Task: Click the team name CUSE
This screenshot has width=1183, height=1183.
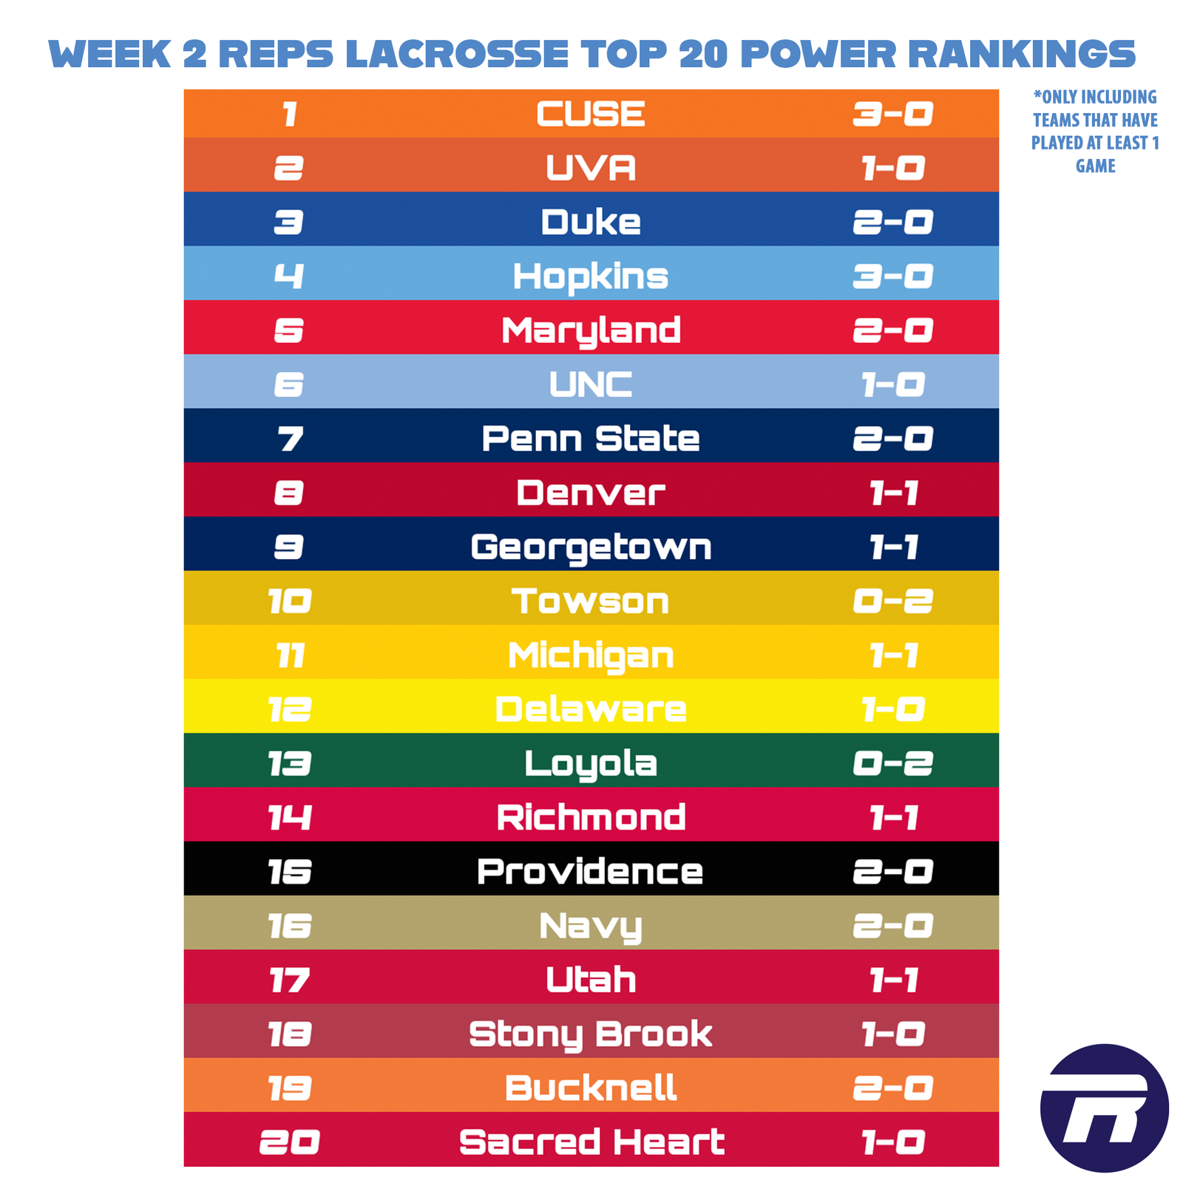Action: point(590,115)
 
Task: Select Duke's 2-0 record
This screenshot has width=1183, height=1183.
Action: point(892,223)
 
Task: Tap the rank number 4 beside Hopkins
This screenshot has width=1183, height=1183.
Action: point(288,277)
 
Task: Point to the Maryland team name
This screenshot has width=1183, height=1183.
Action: point(590,331)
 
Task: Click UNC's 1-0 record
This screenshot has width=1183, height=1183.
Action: point(892,384)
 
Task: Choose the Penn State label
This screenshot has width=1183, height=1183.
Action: point(590,438)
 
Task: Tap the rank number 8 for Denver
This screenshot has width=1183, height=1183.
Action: point(288,493)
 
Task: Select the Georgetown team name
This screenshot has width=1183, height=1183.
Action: point(590,548)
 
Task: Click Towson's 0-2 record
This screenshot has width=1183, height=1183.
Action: point(892,601)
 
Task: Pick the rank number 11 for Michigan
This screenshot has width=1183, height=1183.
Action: point(290,656)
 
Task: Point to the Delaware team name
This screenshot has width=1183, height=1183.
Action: point(590,710)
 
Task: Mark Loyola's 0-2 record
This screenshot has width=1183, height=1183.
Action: point(892,764)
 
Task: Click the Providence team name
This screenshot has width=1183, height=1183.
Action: point(590,872)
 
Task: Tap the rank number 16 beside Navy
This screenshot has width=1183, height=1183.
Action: point(290,926)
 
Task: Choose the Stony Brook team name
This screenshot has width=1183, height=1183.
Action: point(590,1034)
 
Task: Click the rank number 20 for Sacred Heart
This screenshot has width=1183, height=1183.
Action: point(290,1142)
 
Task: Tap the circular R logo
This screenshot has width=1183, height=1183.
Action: point(1104,1108)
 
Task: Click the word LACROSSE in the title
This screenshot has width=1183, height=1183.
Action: point(456,54)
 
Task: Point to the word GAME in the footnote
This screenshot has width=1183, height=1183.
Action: point(1095,166)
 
